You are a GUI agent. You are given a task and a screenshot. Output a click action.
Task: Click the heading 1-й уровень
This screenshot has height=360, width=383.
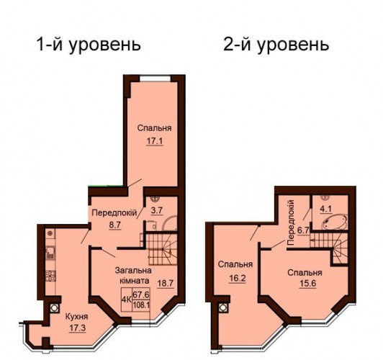coord(89,45)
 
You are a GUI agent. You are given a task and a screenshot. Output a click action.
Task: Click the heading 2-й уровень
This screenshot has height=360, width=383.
coord(276,45)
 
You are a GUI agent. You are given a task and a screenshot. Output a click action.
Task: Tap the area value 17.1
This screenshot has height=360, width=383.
coord(155,141)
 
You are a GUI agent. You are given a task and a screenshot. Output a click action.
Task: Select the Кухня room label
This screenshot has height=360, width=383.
coord(77,317)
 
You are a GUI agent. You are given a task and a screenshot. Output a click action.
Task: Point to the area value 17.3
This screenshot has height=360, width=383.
coord(77,328)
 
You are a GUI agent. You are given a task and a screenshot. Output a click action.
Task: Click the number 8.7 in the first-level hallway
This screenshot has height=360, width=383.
coord(115,225)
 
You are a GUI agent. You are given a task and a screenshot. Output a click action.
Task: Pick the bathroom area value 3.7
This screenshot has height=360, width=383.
coord(156,210)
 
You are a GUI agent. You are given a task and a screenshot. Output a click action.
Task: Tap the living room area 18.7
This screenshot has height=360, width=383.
coord(165,283)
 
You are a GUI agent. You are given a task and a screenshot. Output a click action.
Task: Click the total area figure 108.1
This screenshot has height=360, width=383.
coord(141,305)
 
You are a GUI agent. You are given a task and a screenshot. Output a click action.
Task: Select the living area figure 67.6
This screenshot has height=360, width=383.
coord(141,294)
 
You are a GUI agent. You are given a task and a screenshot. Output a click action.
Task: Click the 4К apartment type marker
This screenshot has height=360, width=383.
coord(127,300)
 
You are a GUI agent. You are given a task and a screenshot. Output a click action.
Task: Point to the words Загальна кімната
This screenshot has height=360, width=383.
coord(133,276)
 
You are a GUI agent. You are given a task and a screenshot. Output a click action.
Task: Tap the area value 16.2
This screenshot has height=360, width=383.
coord(237,279)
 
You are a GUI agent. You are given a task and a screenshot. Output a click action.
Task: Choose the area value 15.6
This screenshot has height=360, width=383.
coord(308,284)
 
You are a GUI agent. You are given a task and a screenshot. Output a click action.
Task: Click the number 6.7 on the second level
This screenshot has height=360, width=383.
coord(303,230)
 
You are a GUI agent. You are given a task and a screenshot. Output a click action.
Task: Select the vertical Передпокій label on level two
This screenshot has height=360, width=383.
coord(291,222)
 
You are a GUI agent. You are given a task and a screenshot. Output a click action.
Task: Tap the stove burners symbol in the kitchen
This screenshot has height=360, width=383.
coord(50,276)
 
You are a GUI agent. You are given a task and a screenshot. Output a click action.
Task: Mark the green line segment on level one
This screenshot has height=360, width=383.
coord(106,186)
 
